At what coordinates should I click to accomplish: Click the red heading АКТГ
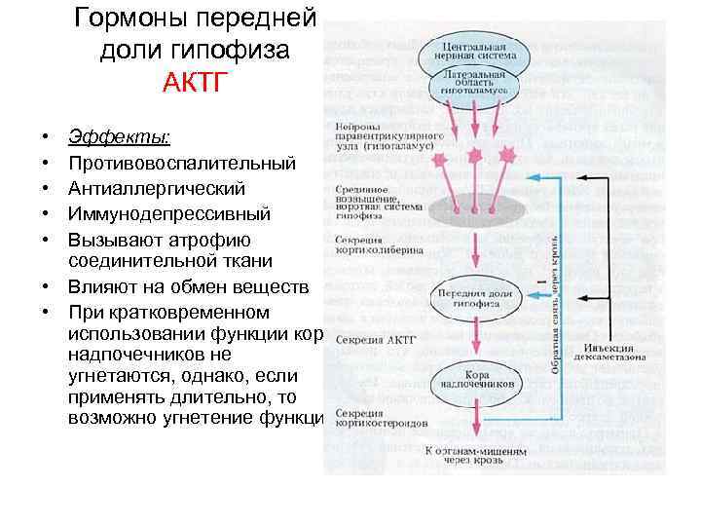tap(194, 80)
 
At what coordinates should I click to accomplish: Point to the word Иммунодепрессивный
tap(170, 213)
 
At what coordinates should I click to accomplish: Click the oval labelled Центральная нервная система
tap(473, 50)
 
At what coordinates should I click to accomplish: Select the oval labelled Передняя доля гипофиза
tap(475, 297)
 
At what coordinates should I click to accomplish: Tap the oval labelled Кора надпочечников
tap(475, 381)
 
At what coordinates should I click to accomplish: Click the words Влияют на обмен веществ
tap(189, 287)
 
